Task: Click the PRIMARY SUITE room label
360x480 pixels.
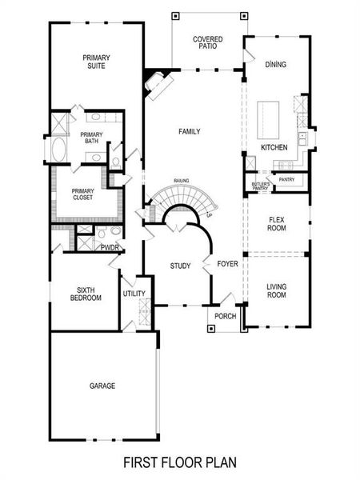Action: (x=96, y=62)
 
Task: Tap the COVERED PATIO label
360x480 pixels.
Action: (x=207, y=43)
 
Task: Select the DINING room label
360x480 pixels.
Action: (x=276, y=63)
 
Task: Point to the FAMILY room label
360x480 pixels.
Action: (x=190, y=132)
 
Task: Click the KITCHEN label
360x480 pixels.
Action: (x=274, y=148)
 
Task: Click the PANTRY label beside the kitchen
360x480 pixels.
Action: (x=286, y=179)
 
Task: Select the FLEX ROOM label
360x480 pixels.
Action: (x=276, y=222)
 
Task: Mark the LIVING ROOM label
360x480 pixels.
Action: (x=276, y=290)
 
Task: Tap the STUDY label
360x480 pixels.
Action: (x=180, y=266)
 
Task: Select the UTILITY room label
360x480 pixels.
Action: (x=134, y=294)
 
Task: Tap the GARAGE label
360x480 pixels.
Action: (x=102, y=386)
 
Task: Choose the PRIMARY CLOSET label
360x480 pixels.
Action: (x=83, y=194)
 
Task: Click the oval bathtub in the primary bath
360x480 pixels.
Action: (x=61, y=150)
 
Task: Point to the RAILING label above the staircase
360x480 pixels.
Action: (x=181, y=182)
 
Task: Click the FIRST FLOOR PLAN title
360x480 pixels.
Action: (x=180, y=462)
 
